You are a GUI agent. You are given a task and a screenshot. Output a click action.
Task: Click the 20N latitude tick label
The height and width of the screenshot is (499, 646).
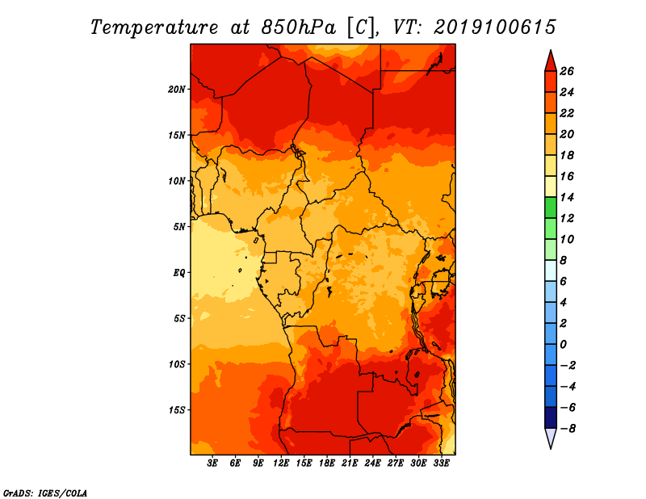click(x=177, y=90)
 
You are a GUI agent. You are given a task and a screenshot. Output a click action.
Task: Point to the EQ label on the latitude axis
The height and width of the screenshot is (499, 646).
click(x=179, y=273)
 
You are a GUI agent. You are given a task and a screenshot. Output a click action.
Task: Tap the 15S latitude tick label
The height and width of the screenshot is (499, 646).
click(x=177, y=410)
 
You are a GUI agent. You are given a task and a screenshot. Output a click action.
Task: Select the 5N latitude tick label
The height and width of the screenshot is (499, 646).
click(x=179, y=227)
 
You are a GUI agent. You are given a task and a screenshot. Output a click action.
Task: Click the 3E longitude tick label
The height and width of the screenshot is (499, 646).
click(x=212, y=463)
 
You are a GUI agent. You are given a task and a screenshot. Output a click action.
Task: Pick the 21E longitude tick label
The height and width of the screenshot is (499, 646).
click(x=350, y=463)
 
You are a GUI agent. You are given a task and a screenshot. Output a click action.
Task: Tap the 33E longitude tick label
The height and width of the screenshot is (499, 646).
click(x=441, y=463)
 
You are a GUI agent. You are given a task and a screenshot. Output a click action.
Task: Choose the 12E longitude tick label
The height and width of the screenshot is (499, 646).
click(x=280, y=463)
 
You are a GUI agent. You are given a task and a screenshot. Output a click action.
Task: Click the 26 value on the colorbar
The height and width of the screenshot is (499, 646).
click(x=567, y=71)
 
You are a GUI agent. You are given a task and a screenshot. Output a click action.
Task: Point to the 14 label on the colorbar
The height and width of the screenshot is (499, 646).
click(x=567, y=197)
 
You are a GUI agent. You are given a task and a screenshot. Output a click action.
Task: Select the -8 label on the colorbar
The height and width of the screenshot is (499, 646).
click(x=568, y=429)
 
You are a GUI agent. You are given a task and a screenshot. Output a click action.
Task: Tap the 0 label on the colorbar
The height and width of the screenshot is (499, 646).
click(x=563, y=345)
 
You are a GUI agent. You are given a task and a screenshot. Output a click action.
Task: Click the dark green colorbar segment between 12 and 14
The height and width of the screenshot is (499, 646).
click(x=551, y=208)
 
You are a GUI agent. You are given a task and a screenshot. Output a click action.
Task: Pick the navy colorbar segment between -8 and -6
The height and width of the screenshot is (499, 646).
click(x=551, y=417)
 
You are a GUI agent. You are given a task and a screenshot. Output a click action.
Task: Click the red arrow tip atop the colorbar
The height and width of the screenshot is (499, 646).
click(x=551, y=50)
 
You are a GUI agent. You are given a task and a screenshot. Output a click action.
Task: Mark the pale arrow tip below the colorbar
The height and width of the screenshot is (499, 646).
click(x=551, y=448)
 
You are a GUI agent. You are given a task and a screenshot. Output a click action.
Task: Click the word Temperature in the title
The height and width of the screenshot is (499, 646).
click(x=153, y=27)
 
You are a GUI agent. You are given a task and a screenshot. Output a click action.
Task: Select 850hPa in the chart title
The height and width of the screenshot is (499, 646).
click(x=299, y=27)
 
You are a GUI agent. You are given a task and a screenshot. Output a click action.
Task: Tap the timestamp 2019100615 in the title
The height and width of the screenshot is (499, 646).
click(x=495, y=27)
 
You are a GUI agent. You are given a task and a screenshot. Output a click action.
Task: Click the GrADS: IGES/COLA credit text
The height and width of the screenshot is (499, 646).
click(x=45, y=493)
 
